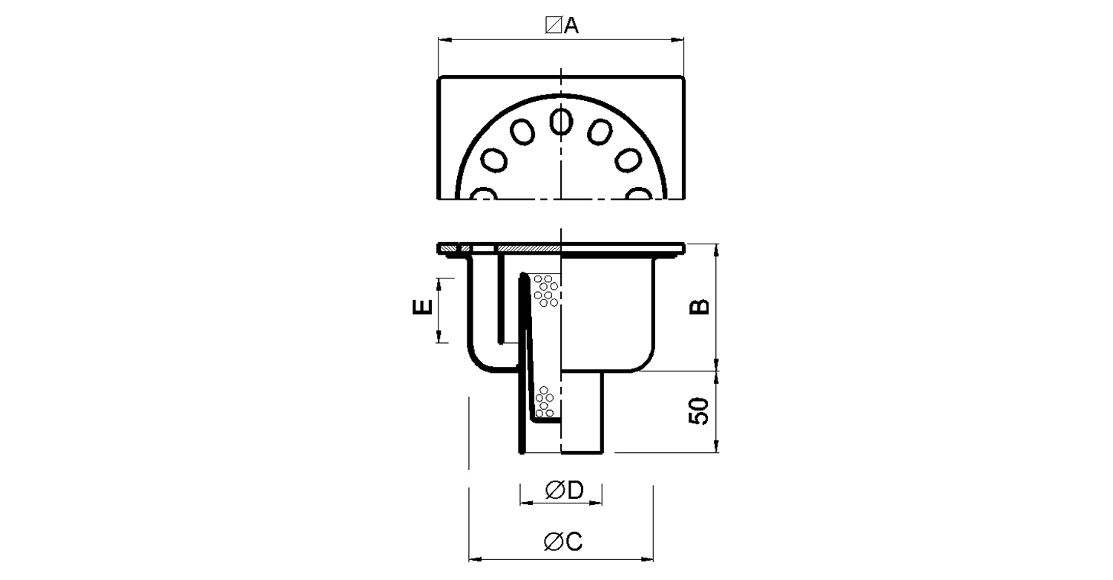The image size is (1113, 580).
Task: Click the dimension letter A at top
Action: coord(572,25)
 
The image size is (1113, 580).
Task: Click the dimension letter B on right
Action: coord(700,307)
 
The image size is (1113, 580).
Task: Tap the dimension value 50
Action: coord(699,411)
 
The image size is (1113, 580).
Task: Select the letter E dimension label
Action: coord(422,307)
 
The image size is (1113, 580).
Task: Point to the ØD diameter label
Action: coord(564,490)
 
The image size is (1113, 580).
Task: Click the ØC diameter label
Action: coord(563,541)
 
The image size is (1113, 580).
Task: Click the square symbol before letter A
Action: coord(553,25)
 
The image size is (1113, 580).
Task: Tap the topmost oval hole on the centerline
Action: coord(562,122)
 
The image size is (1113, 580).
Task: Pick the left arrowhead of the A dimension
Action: coord(444,39)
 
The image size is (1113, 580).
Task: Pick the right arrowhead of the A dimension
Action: coord(677,39)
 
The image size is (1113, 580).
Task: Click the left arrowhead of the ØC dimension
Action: coord(476,560)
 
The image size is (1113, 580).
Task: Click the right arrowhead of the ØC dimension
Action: coord(646,560)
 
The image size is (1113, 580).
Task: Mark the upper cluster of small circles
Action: coord(546,291)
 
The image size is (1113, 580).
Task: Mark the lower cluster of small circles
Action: coord(545,402)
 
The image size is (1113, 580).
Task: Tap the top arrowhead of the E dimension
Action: coord(439,285)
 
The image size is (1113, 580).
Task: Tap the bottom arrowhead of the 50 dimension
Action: coord(716,446)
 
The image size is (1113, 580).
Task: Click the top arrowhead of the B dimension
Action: coord(716,251)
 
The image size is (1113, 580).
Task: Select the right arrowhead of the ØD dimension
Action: coord(595,504)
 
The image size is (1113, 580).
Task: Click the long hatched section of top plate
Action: coord(529,248)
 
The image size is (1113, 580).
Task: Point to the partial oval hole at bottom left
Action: coord(484,194)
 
